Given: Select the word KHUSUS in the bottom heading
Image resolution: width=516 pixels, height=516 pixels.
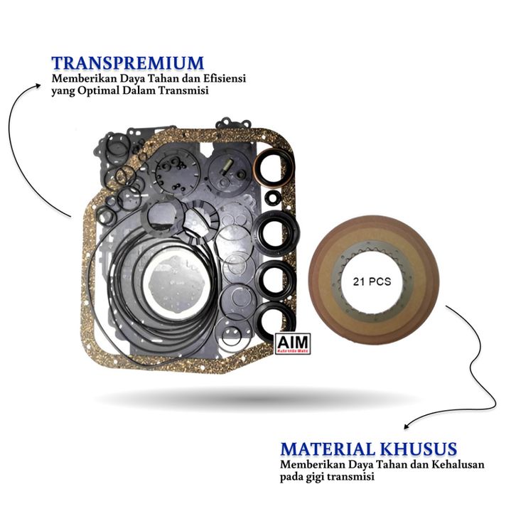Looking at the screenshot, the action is coord(421,449).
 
